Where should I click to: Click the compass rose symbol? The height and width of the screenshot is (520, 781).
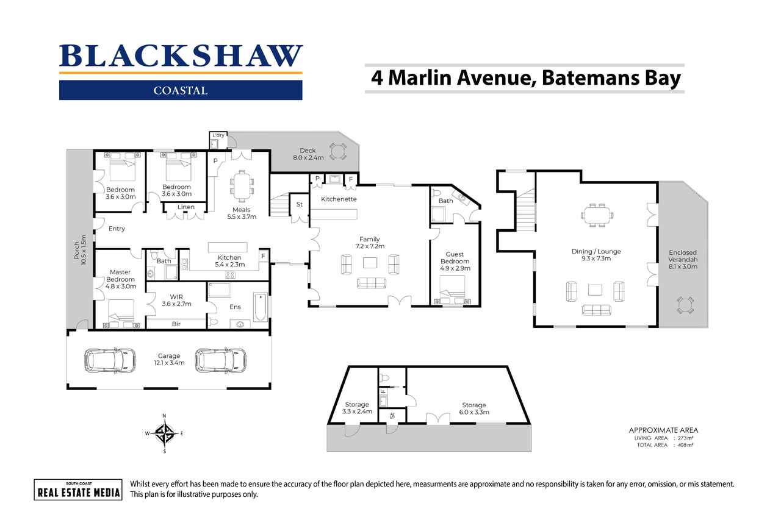165,433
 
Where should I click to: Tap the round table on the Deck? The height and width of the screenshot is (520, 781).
337,152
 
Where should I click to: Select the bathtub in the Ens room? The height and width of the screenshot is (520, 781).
260,307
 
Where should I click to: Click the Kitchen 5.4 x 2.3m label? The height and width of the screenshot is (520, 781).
230,261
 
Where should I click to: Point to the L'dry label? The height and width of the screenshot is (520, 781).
218,135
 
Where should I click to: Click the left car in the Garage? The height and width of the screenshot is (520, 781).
110,360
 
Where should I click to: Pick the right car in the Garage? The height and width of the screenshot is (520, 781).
221,360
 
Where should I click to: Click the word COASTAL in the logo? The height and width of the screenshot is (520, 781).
181,91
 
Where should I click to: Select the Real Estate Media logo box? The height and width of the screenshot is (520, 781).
78,490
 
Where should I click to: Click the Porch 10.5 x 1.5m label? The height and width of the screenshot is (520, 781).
80,250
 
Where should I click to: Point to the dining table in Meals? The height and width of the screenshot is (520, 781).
242,187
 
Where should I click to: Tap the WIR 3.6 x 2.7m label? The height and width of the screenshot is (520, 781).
176,300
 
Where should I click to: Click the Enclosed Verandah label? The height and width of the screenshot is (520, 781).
683,260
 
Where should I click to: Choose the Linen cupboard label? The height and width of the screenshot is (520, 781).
186,207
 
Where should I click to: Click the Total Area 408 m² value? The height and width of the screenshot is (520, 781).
685,445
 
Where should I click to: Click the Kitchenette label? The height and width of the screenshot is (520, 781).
339,199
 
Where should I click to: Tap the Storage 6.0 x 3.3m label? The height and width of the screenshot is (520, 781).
474,408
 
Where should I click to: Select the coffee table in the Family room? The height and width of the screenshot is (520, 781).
370,263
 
